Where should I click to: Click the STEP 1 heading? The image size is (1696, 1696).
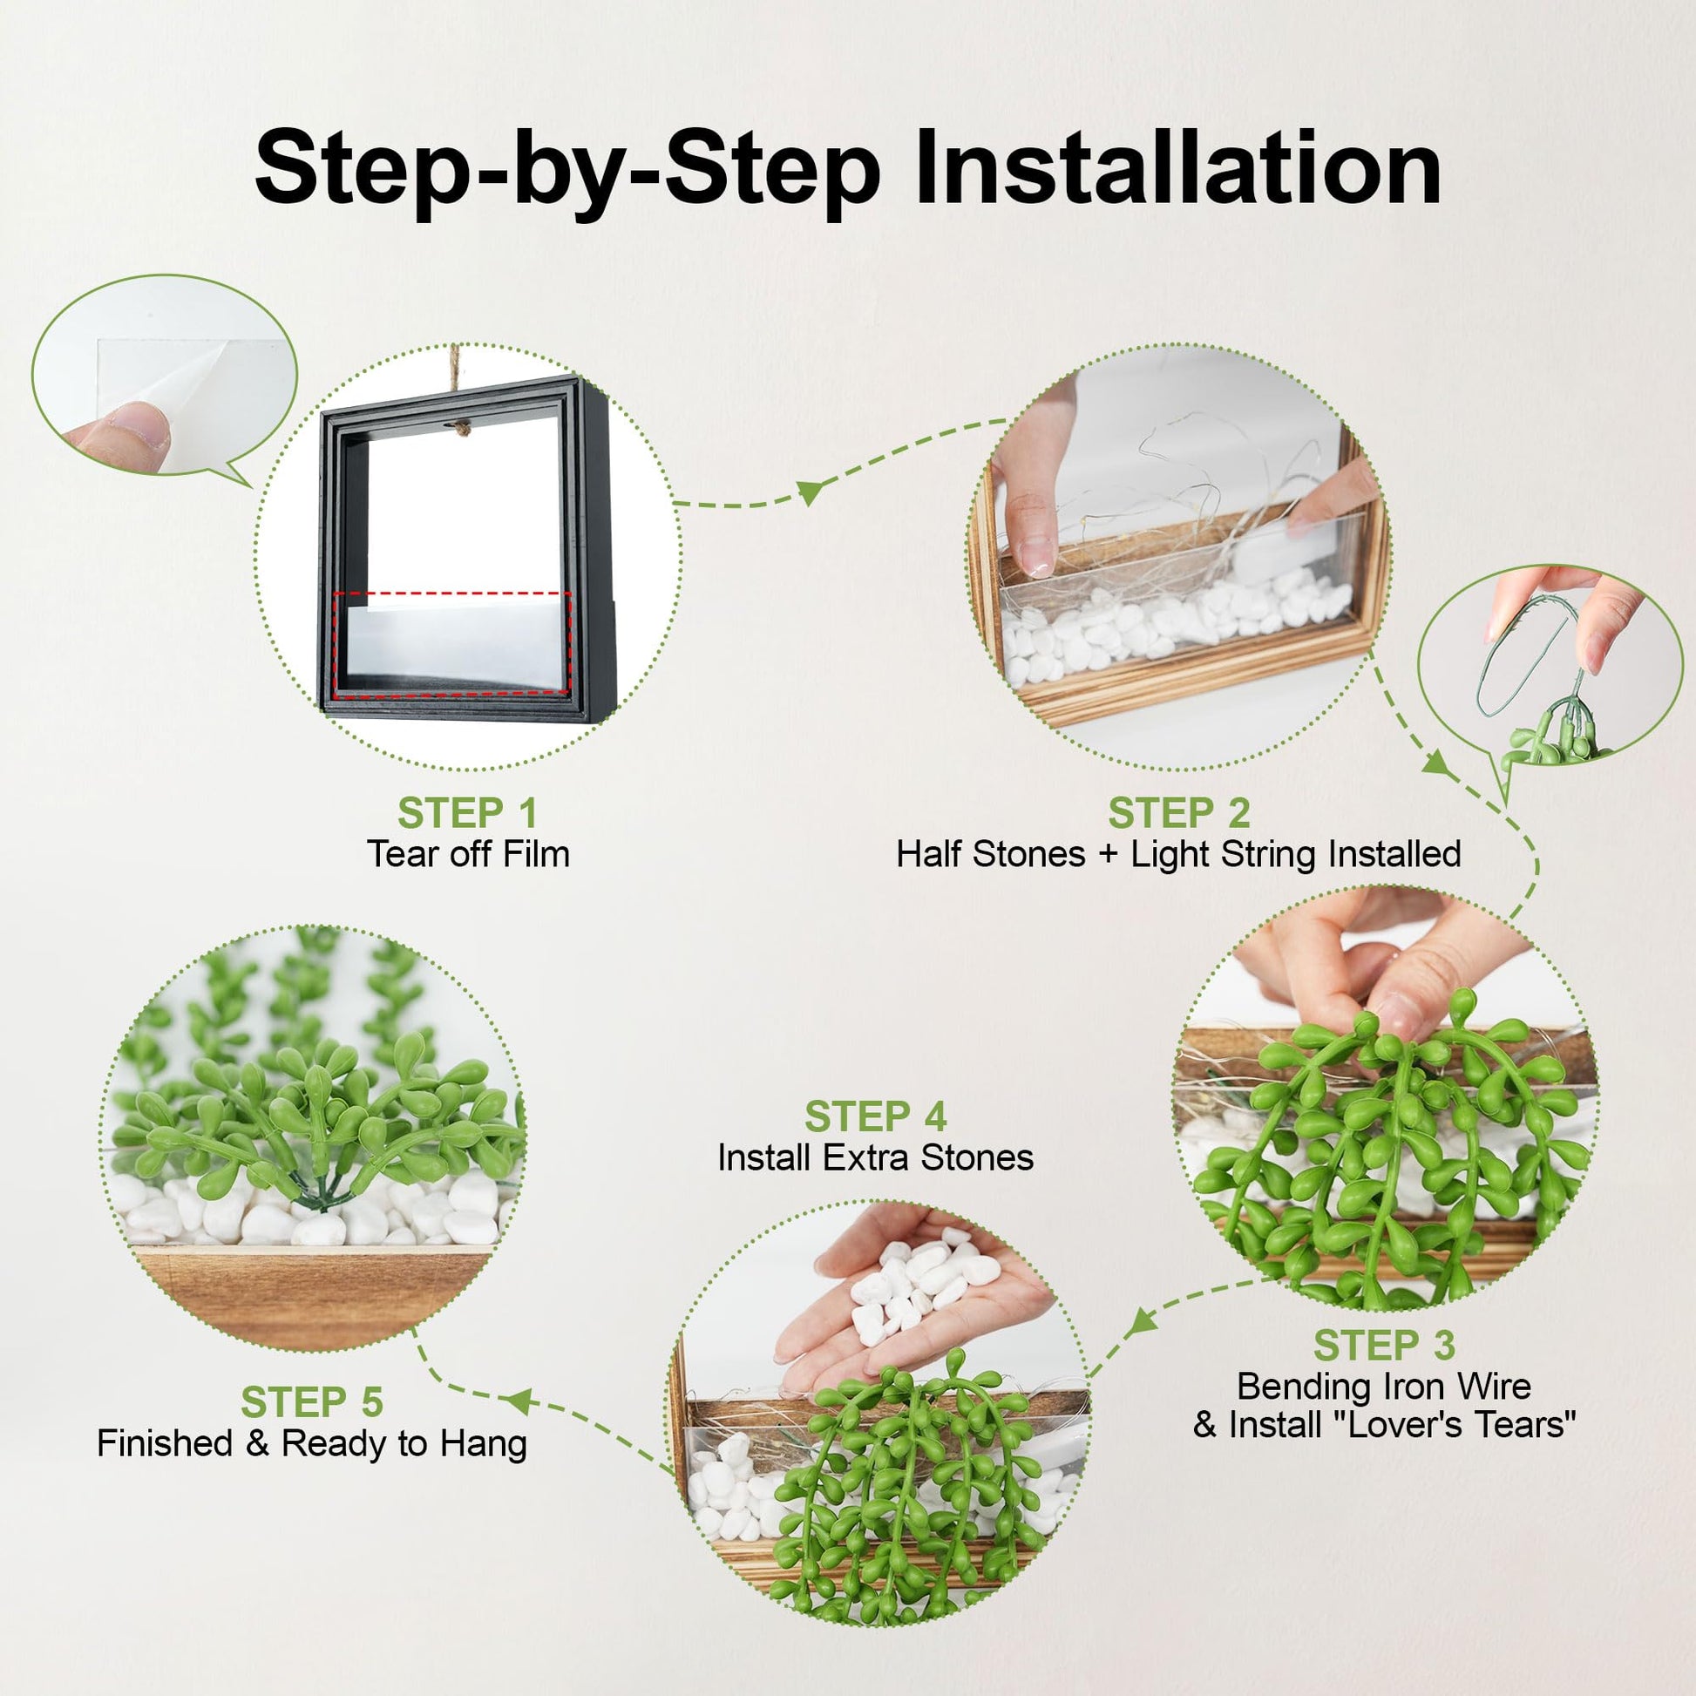[467, 813]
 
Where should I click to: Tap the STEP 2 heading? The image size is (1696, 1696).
[1178, 813]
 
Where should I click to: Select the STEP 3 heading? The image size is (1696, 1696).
[1384, 1346]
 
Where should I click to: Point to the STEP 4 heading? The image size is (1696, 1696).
[875, 1117]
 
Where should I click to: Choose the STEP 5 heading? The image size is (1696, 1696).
[312, 1403]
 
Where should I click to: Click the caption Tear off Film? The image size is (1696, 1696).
[468, 854]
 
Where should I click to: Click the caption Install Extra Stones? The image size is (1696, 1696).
[875, 1158]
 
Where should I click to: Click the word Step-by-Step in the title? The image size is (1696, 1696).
[567, 171]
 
